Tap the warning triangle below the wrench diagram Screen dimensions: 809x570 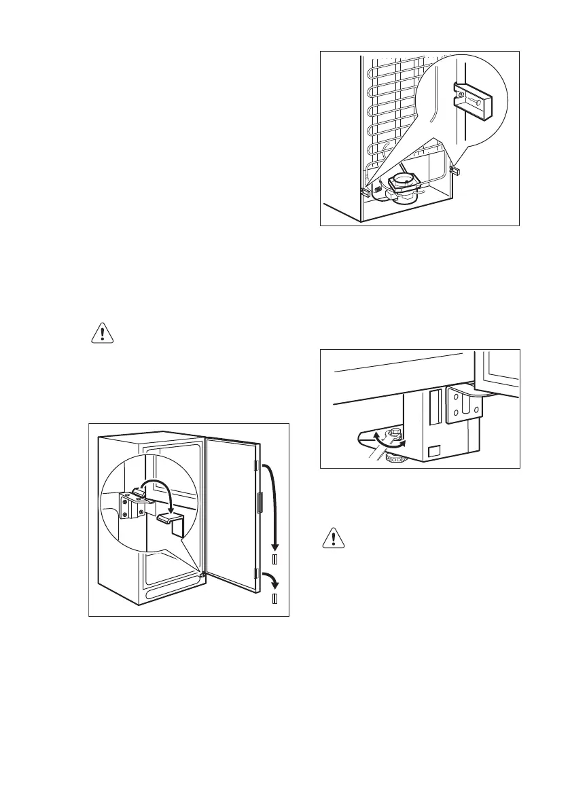(332, 539)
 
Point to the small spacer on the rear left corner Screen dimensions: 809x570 (366, 193)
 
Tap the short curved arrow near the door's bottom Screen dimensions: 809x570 (270, 581)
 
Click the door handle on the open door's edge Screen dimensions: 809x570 (259, 503)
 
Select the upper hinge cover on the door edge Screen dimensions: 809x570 (256, 465)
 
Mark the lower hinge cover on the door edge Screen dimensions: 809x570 (255, 574)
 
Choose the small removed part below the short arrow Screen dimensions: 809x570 (274, 598)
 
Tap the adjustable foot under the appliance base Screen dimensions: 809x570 (392, 460)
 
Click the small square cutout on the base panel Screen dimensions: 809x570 (433, 449)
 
